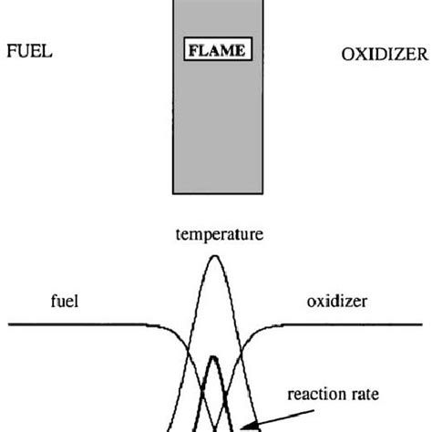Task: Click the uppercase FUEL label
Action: click(x=29, y=52)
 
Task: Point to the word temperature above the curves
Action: click(x=219, y=234)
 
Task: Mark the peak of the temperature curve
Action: click(x=215, y=256)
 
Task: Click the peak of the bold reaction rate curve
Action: click(x=214, y=356)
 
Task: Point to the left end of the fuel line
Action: click(x=9, y=324)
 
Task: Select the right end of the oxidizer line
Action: click(x=422, y=324)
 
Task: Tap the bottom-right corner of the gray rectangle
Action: click(x=261, y=193)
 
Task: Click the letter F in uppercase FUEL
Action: click(x=12, y=52)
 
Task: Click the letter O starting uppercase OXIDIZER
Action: click(x=348, y=55)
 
